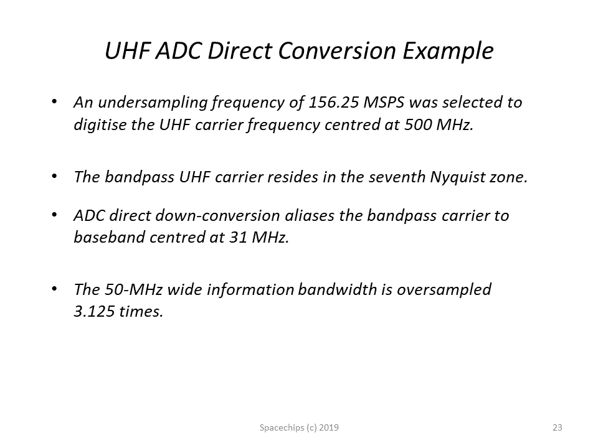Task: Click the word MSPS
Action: (x=384, y=103)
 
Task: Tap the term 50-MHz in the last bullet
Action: (x=133, y=289)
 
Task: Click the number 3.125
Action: (x=94, y=312)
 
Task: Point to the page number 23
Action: (x=557, y=427)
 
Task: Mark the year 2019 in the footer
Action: (x=329, y=427)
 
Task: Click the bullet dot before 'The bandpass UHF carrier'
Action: (x=55, y=176)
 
